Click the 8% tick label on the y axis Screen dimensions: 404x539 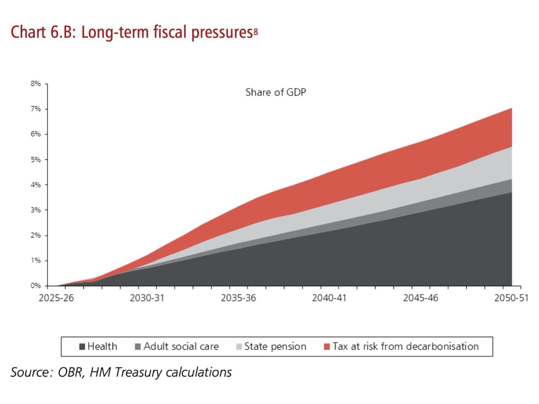click(36, 83)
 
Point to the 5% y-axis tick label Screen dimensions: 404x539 click(36, 160)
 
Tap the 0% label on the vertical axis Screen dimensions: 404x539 click(36, 286)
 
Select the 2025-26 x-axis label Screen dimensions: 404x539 click(56, 298)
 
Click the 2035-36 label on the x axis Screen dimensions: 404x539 click(239, 298)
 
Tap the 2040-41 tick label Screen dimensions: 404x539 click(329, 298)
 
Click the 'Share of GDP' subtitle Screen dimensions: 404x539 click(276, 92)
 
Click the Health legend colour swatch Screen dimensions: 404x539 click(82, 346)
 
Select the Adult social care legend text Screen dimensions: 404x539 click(181, 346)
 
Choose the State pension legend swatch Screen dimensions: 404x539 click(239, 346)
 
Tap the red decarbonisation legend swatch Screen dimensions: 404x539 click(326, 346)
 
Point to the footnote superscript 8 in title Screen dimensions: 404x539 click(256, 32)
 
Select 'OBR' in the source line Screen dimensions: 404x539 click(71, 372)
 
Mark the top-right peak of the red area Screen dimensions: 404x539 click(511, 108)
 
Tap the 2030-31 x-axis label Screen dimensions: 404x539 click(147, 298)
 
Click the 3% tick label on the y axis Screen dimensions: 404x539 click(36, 210)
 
